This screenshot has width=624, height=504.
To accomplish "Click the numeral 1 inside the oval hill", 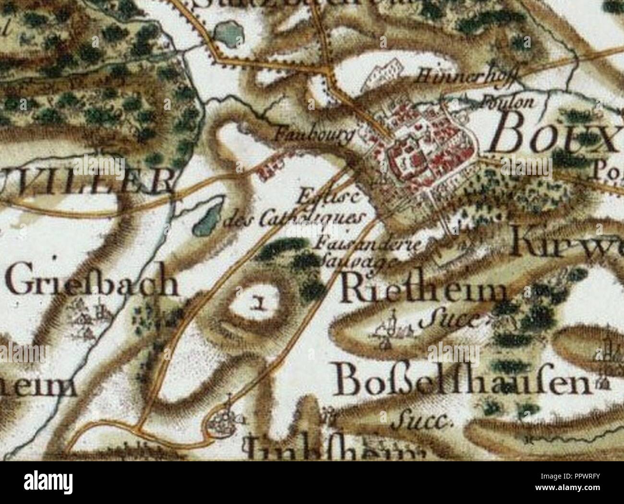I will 260,303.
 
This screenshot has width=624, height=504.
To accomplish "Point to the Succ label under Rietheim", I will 449,319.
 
